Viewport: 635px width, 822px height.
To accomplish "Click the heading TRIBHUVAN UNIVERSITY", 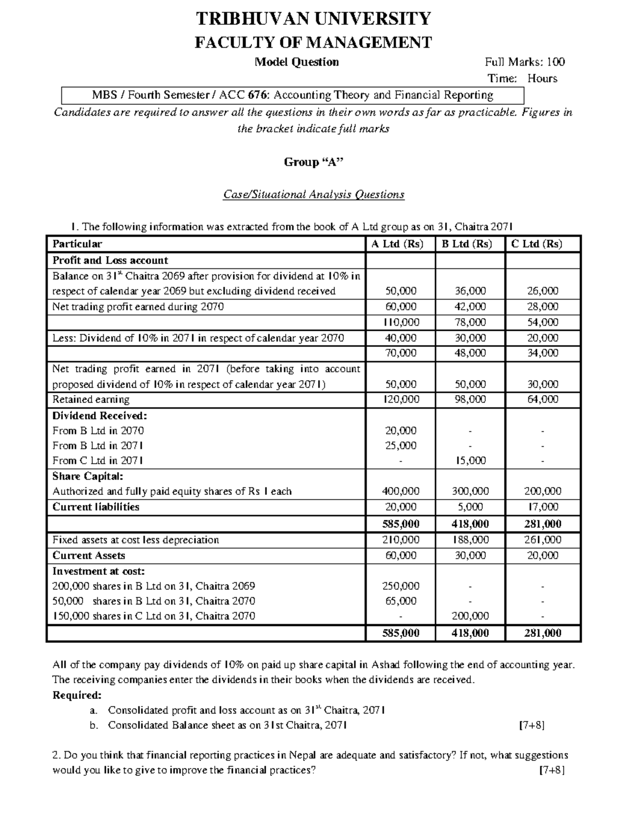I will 313,19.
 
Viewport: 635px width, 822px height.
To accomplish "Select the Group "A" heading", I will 313,162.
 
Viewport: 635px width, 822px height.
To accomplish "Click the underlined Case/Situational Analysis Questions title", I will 313,194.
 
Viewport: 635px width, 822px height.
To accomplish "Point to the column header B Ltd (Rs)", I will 467,244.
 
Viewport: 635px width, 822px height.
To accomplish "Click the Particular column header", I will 77,244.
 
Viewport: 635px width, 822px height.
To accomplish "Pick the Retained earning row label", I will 90,400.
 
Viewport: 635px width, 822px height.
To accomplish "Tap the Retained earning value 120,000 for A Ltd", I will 401,400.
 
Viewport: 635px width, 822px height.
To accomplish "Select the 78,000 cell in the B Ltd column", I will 470,322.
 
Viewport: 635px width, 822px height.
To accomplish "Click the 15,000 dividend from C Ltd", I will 470,460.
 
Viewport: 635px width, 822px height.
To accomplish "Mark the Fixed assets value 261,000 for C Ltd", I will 542,540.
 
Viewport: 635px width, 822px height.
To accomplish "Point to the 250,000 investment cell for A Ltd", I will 401,586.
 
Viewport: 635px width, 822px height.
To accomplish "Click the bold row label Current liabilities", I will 96,507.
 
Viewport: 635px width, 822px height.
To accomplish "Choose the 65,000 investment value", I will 401,601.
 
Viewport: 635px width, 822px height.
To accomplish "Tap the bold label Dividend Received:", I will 99,415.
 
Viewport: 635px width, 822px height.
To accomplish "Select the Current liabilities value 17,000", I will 542,507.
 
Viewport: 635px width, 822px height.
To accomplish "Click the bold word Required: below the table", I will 77,695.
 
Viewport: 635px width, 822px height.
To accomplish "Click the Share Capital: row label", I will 87,476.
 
